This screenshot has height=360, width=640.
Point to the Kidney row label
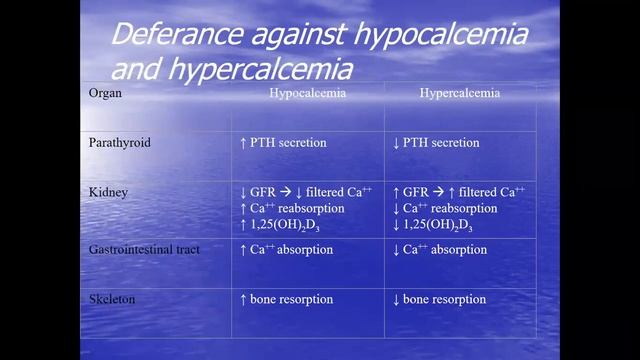point(107,191)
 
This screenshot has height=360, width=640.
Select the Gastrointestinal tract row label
point(144,249)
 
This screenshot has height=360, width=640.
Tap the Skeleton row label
point(112,299)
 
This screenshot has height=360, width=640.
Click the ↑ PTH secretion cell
point(283,143)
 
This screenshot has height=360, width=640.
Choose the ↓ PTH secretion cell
point(436,143)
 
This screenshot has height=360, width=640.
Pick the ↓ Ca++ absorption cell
point(439,249)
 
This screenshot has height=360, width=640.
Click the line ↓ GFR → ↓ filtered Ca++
point(305,191)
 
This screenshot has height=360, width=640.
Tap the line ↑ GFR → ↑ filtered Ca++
point(459,191)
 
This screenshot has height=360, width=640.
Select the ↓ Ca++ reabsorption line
point(445,207)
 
